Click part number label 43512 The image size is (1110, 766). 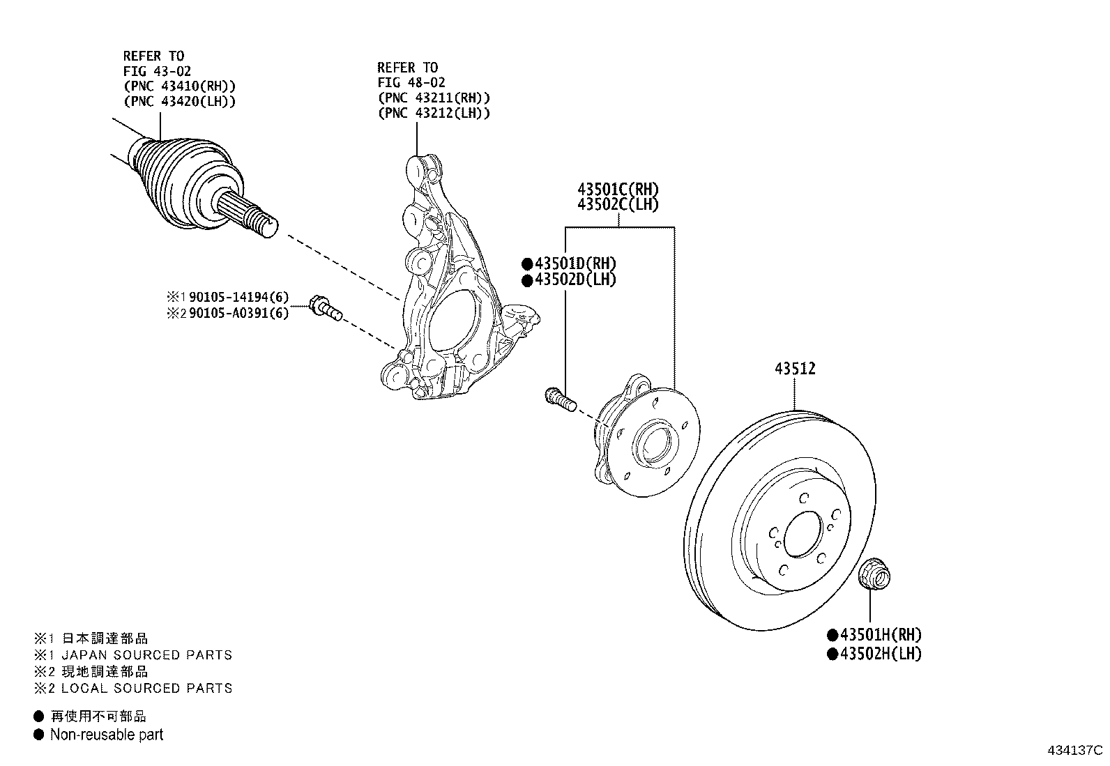[x=794, y=369]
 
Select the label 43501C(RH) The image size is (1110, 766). [x=617, y=189]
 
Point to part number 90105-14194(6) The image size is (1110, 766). [x=238, y=298]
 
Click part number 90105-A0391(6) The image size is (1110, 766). [x=238, y=314]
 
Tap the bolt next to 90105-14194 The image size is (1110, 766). [x=324, y=308]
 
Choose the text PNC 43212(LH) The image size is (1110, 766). [x=433, y=113]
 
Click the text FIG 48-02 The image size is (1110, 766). [x=411, y=82]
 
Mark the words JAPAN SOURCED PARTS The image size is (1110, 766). [x=147, y=655]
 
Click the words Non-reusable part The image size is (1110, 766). [x=107, y=735]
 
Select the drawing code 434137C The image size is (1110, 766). [x=1074, y=751]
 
